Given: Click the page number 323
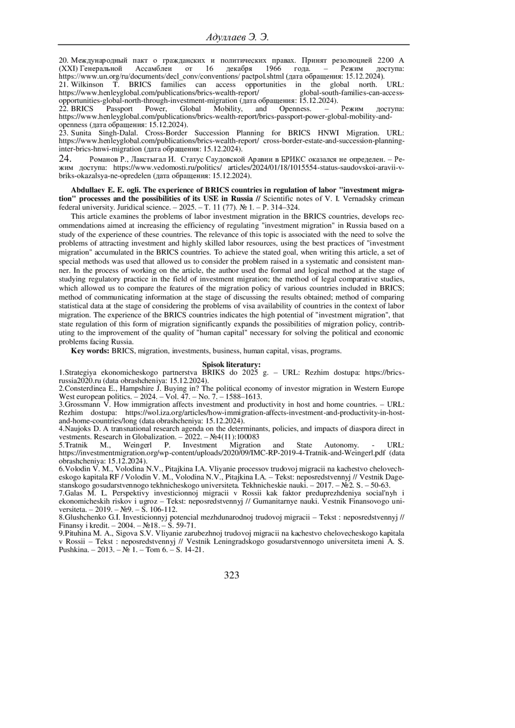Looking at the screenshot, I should coord(232,575).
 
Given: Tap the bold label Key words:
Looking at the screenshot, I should coord(90,351).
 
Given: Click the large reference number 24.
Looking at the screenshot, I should coord(65,158).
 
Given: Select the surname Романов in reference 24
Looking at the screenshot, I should coord(101,159).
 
